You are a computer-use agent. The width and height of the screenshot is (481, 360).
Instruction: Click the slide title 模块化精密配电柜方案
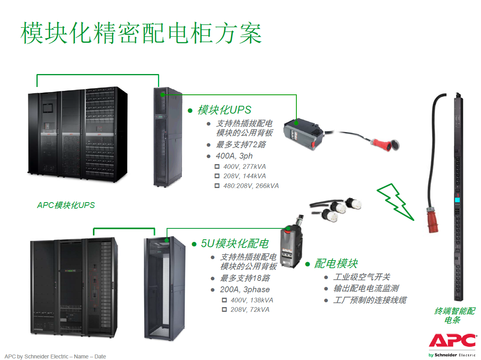click(x=141, y=33)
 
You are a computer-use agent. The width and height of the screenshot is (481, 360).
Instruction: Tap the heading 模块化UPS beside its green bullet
click(x=224, y=110)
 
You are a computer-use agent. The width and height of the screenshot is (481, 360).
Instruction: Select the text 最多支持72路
click(x=241, y=145)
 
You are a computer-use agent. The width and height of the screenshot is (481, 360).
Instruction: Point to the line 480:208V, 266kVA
click(x=251, y=186)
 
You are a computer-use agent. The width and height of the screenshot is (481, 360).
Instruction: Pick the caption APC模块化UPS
click(x=66, y=205)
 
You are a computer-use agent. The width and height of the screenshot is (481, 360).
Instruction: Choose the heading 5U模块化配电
click(x=234, y=244)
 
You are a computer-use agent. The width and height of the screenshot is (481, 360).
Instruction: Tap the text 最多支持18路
click(x=245, y=278)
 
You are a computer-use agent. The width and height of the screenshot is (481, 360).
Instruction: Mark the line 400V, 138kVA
click(x=252, y=300)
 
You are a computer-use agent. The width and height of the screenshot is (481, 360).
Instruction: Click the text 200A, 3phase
click(x=245, y=289)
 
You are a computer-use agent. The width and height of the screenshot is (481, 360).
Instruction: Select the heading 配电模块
click(x=336, y=263)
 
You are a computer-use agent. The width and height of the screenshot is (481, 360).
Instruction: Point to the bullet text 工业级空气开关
click(x=361, y=277)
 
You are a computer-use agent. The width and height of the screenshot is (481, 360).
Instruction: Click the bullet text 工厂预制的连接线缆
click(x=370, y=300)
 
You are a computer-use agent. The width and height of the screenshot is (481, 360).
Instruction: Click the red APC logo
click(x=453, y=340)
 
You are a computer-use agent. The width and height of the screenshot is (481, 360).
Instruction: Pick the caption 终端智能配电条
click(x=454, y=315)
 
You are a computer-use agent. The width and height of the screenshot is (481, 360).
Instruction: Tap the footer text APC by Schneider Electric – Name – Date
click(x=55, y=356)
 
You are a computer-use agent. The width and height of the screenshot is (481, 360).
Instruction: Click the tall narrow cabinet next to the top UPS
click(x=167, y=137)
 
